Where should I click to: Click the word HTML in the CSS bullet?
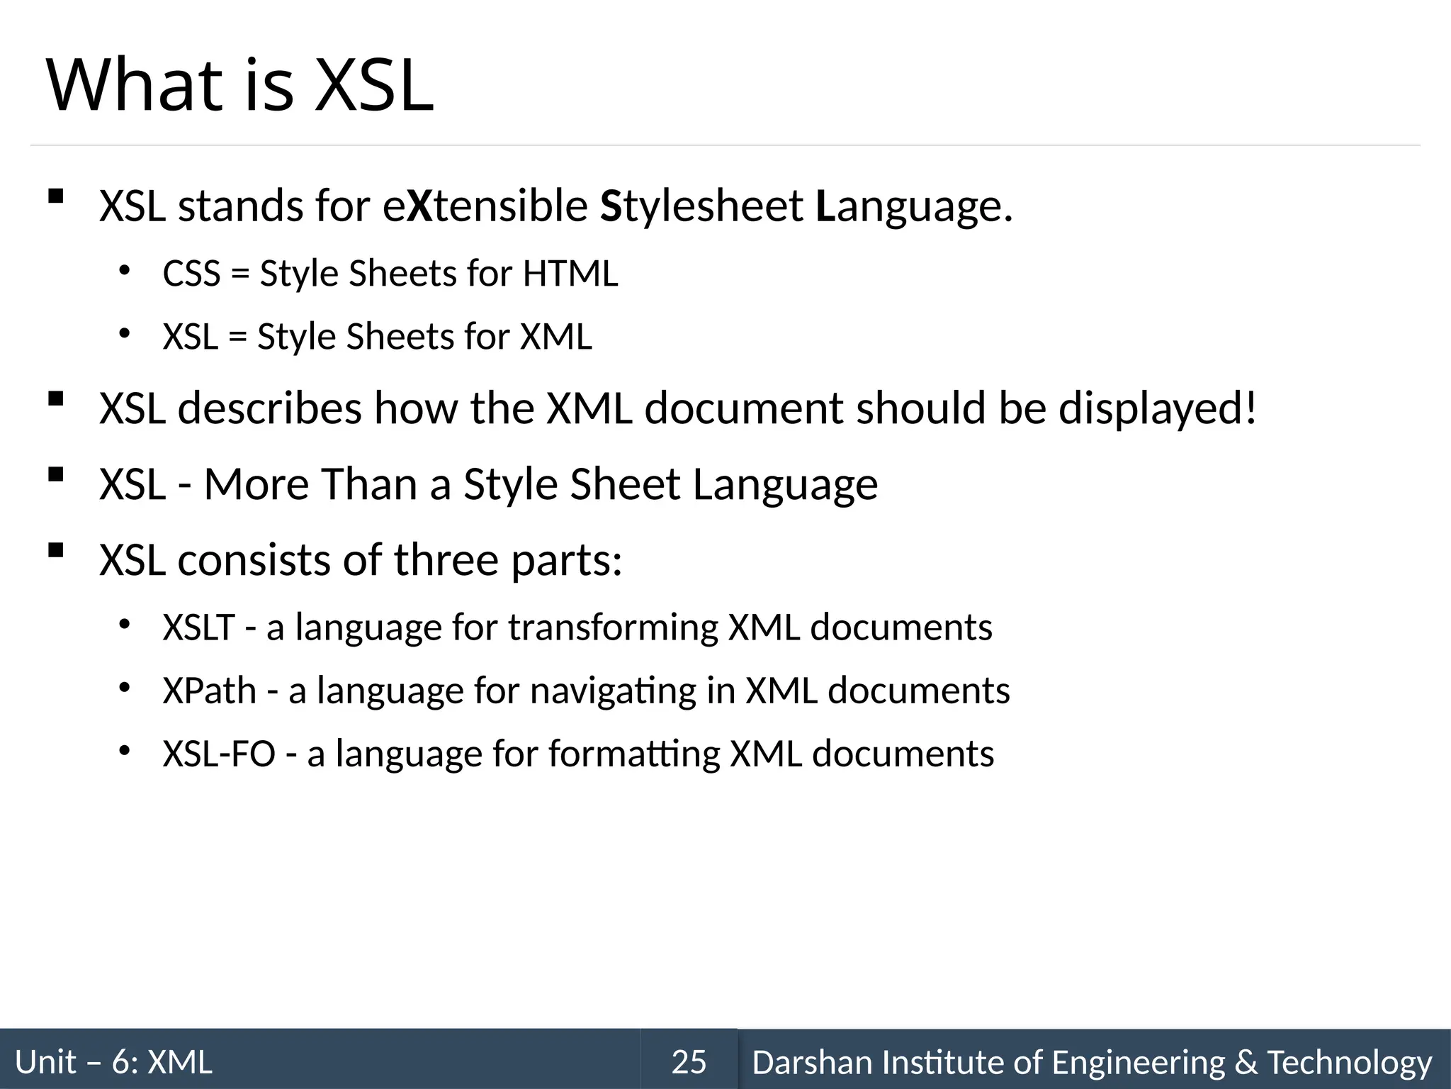(x=570, y=274)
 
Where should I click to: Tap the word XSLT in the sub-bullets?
(x=198, y=627)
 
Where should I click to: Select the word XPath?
(x=210, y=691)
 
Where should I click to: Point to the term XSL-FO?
(x=219, y=754)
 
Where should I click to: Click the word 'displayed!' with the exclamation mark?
(x=1158, y=409)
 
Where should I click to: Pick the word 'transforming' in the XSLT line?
(x=612, y=628)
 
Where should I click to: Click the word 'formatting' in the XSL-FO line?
(x=634, y=754)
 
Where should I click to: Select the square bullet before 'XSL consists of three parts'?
(x=55, y=550)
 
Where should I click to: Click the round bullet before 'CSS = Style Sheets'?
(x=125, y=270)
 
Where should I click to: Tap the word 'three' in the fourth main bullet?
(x=446, y=560)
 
